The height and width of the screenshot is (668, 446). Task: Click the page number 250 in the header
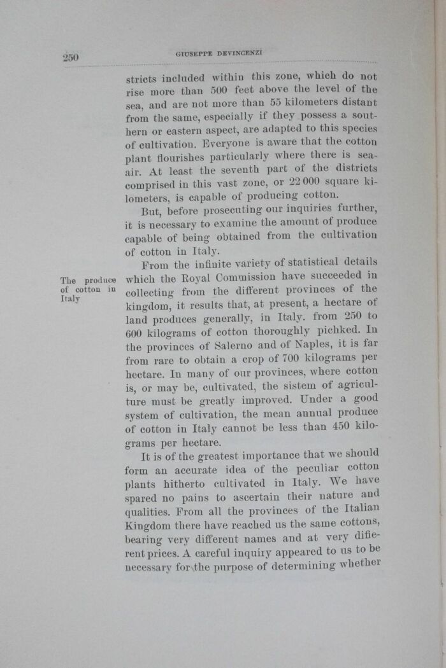tap(70, 57)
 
